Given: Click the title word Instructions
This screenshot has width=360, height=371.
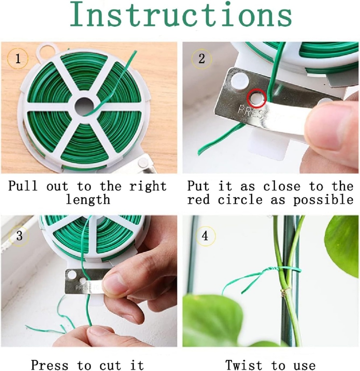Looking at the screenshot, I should pos(180,16).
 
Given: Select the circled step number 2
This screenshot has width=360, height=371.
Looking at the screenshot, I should pos(201,59).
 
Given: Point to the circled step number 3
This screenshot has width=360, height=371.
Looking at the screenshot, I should pos(19,236).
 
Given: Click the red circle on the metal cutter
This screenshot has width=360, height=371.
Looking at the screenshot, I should pos(256,98).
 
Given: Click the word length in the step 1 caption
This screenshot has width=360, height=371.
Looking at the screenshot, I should pos(88,200).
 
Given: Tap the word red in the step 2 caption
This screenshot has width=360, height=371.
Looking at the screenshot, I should pos(199,200).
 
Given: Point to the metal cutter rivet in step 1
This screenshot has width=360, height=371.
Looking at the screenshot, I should pos(144,163).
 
